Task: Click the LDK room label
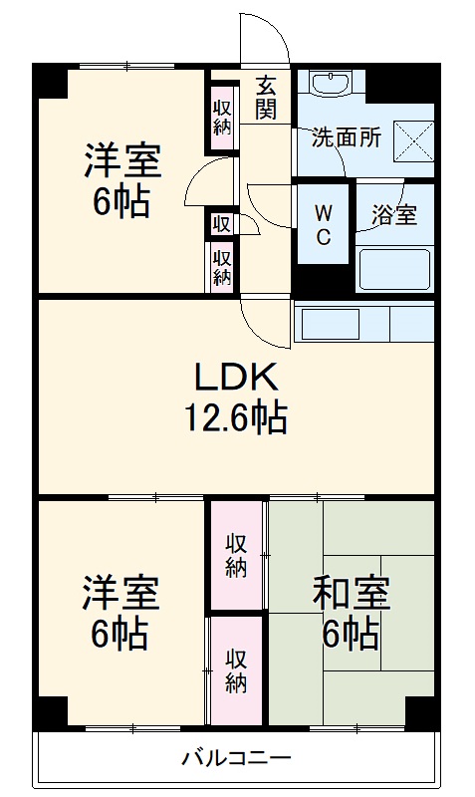tap(238, 377)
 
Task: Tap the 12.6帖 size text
tap(238, 417)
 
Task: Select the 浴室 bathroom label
tap(394, 213)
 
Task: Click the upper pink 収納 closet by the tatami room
tap(235, 555)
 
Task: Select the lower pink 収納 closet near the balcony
tap(235, 670)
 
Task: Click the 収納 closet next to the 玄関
tap(221, 113)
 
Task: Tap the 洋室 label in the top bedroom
tap(122, 158)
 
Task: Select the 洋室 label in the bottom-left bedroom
tap(120, 594)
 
